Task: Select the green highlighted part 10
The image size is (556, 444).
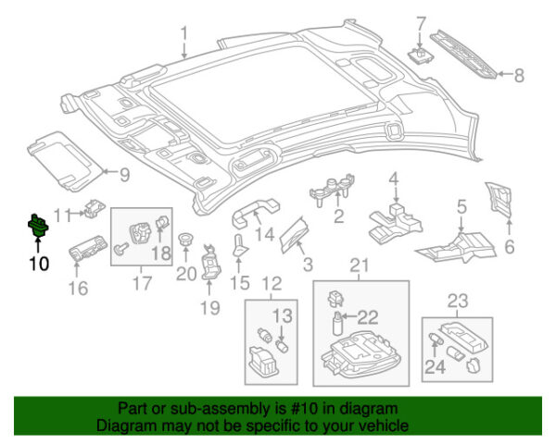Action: (x=38, y=225)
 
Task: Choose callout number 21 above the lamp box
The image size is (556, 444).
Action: (x=359, y=268)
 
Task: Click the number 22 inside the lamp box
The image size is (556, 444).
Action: (x=368, y=316)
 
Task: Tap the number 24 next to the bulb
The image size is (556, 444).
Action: (x=435, y=369)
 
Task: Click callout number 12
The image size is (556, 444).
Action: (x=271, y=283)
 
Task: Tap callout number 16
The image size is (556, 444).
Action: (x=78, y=289)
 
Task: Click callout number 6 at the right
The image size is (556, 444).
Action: (x=508, y=246)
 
